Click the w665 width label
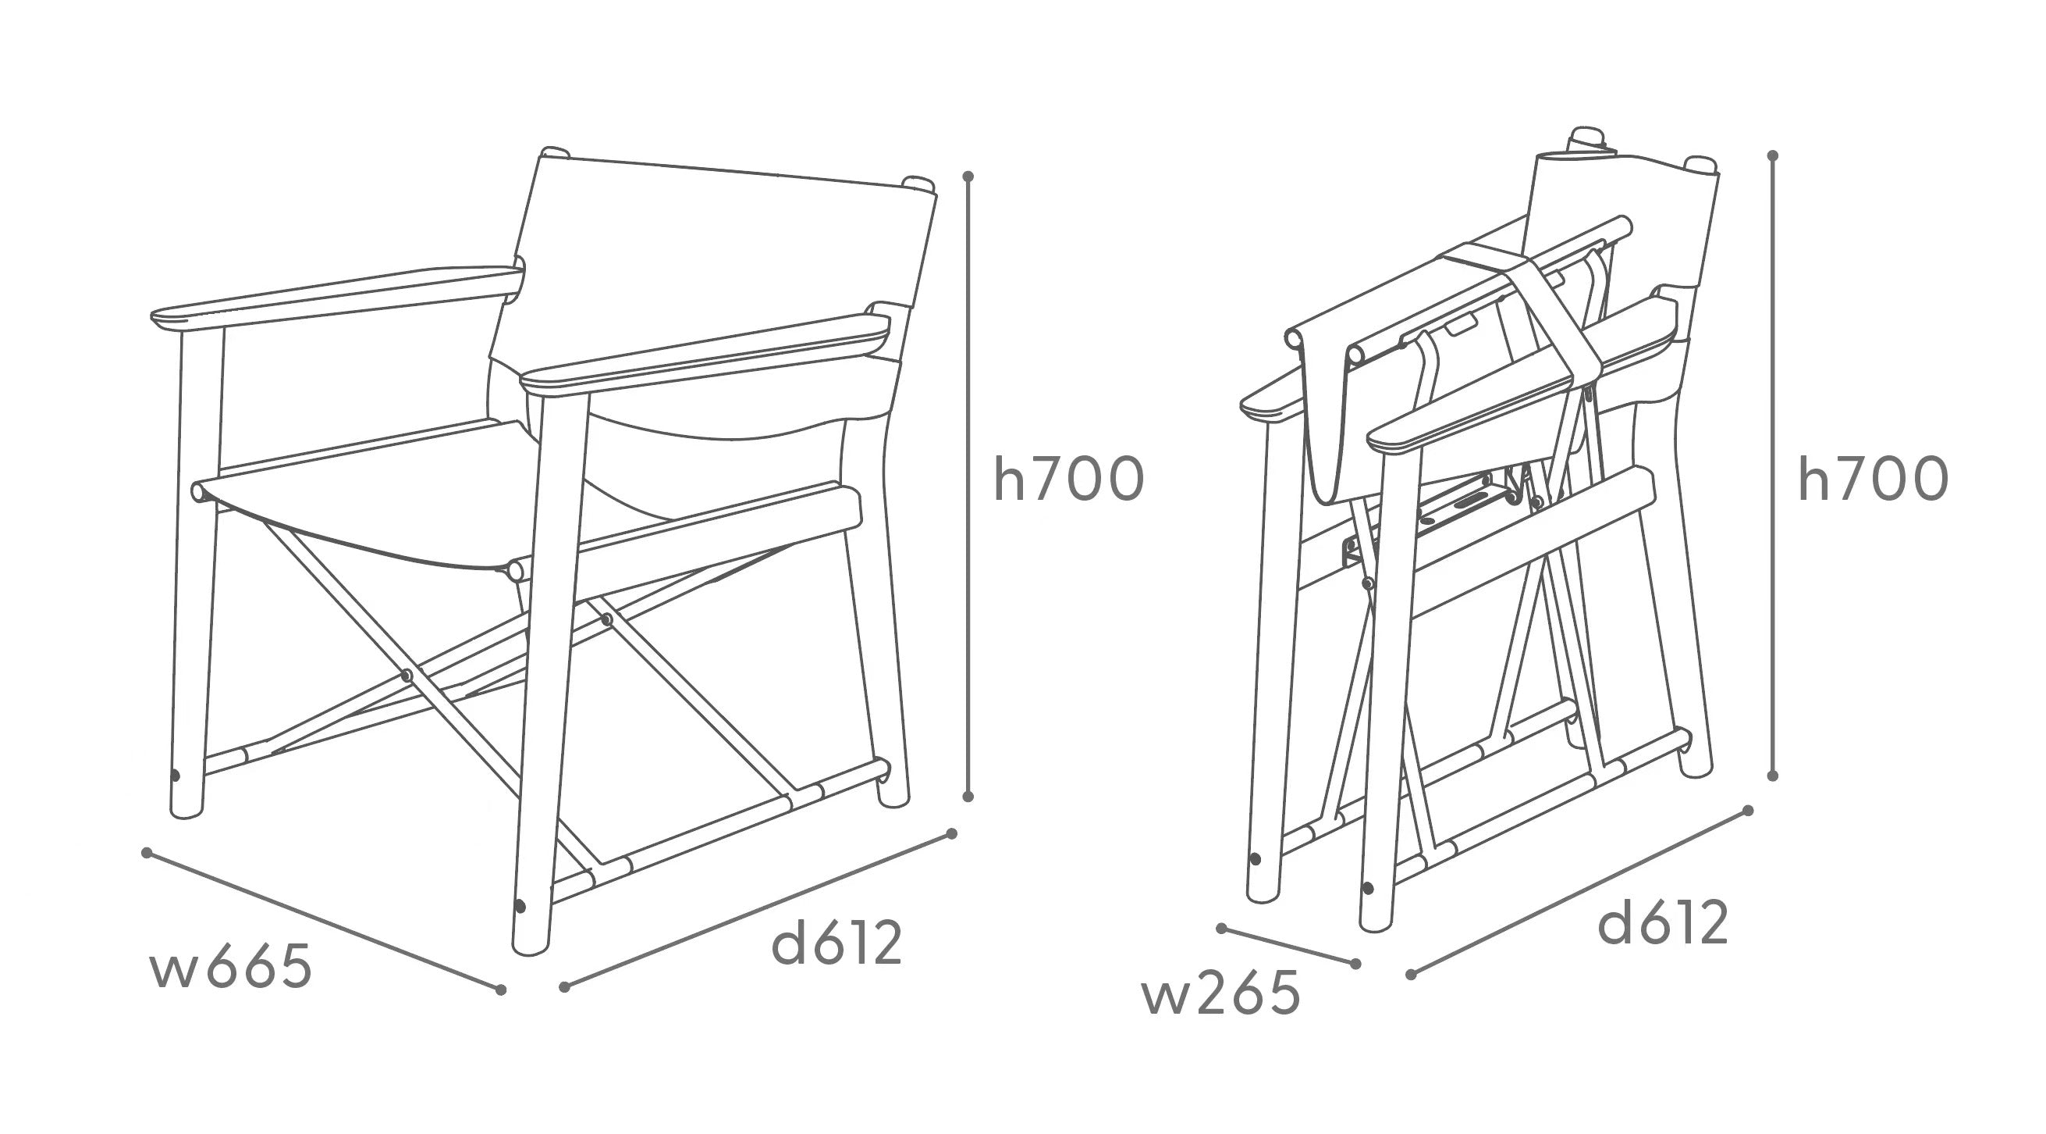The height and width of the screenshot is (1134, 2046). click(230, 968)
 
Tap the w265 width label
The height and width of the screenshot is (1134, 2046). click(1220, 993)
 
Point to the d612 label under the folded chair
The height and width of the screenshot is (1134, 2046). click(1663, 922)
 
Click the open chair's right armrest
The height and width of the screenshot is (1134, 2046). click(707, 350)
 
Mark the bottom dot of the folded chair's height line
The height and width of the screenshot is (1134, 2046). click(1772, 776)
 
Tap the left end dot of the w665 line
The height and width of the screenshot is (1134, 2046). click(146, 853)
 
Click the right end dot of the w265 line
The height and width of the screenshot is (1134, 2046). click(1355, 964)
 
